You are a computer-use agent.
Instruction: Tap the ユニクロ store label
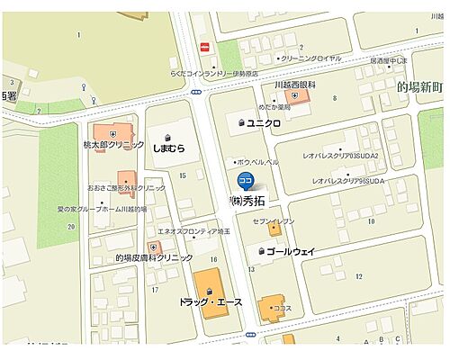click(x=265, y=121)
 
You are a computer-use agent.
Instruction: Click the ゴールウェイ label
click(x=290, y=252)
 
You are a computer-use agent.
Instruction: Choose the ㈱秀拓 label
click(x=249, y=200)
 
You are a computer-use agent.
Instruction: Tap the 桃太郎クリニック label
click(x=114, y=145)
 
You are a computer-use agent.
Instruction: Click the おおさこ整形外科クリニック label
click(x=126, y=188)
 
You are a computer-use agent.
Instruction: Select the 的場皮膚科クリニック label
click(x=153, y=258)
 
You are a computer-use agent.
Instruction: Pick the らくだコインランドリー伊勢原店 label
click(x=214, y=74)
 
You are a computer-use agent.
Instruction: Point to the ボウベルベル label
click(x=258, y=162)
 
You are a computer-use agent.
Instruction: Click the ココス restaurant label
click(x=283, y=308)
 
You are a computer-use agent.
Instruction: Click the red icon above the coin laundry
click(x=205, y=47)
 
